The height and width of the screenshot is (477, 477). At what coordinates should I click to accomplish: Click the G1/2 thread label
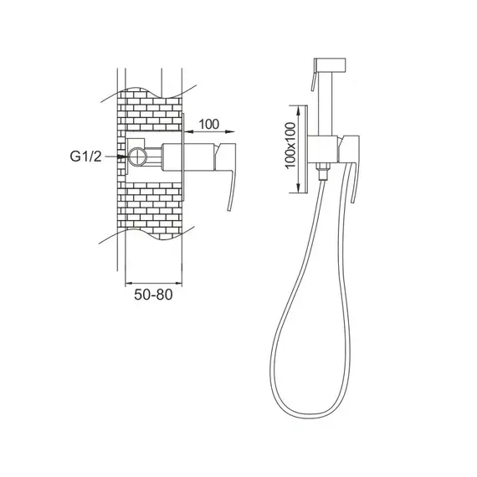pos(85,156)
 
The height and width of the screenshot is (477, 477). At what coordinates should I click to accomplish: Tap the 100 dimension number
pos(208,124)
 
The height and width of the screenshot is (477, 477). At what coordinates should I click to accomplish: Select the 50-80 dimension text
pos(153,295)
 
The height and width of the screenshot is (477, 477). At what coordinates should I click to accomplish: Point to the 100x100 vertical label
pos(290,145)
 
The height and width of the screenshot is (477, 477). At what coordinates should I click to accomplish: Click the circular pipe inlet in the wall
pos(137,156)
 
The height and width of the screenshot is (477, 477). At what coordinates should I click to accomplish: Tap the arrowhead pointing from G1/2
pos(122,156)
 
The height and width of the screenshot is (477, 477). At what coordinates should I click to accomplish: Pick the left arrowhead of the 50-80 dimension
pos(129,284)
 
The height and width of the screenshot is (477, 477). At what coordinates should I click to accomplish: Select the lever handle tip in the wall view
pos(229,208)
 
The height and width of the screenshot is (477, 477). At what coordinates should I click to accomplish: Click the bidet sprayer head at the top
pos(330,64)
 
